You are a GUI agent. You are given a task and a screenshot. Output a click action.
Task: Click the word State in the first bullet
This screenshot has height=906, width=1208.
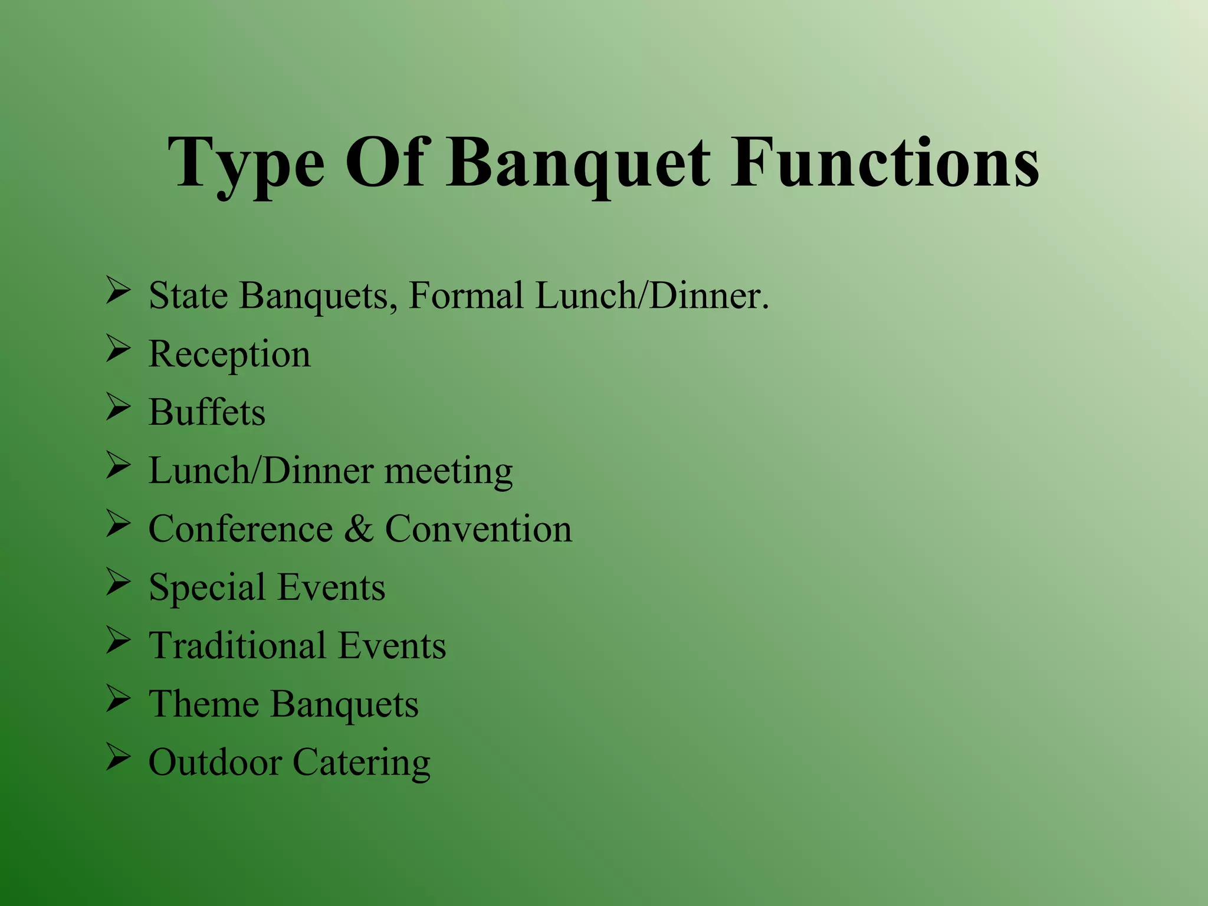(x=188, y=295)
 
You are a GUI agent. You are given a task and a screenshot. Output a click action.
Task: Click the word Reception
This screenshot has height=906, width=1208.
(x=229, y=354)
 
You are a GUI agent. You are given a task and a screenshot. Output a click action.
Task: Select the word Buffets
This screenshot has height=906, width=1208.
(x=207, y=412)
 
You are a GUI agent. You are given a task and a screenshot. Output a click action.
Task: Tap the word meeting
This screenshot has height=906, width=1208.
(x=448, y=471)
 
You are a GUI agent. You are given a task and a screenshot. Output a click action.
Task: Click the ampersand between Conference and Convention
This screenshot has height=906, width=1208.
(x=359, y=528)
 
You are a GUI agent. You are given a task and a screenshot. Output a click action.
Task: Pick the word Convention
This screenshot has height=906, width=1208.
(x=478, y=528)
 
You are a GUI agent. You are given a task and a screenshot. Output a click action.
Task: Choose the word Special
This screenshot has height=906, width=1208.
(x=207, y=587)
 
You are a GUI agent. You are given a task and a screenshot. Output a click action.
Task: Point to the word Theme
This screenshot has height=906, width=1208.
(x=203, y=704)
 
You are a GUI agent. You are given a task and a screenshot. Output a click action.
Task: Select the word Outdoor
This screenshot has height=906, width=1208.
(x=215, y=762)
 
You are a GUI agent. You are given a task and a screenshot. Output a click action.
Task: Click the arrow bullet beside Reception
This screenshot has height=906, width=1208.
(x=118, y=349)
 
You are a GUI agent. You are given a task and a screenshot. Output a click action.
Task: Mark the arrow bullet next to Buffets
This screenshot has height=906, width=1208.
(x=118, y=407)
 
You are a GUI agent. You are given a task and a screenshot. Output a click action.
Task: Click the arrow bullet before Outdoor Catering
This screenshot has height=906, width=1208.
(x=118, y=757)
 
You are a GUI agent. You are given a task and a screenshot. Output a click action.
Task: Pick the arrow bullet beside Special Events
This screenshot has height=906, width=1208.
(x=118, y=582)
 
